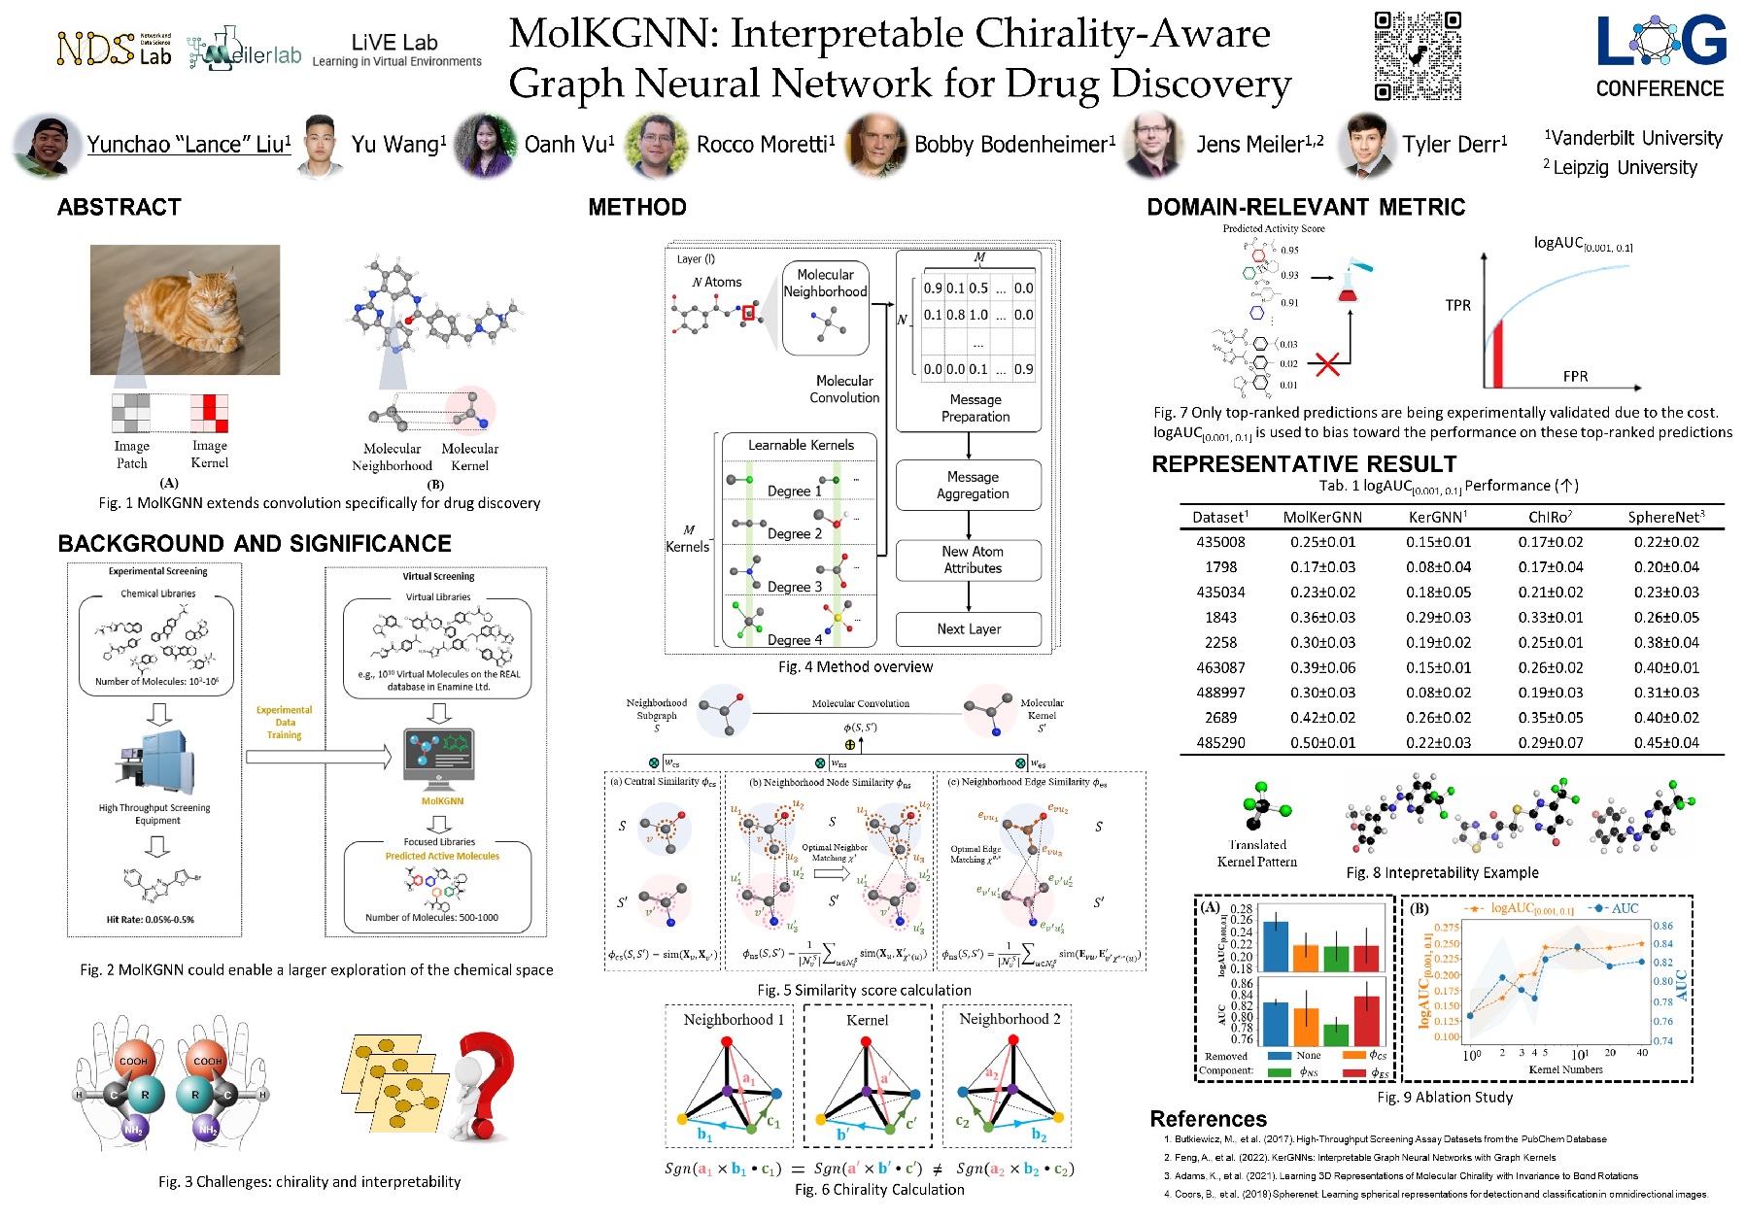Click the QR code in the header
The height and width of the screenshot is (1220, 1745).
(x=1417, y=55)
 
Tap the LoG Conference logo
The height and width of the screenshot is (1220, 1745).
(x=1659, y=57)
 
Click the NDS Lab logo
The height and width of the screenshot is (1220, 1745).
(x=114, y=49)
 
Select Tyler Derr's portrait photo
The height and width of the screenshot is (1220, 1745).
(x=1365, y=145)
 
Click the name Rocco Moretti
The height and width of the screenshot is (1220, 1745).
(x=765, y=145)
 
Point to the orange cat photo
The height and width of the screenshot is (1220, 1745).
(x=185, y=309)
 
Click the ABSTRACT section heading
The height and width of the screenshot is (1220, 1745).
(x=119, y=207)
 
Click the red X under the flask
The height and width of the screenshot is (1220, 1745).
(x=1326, y=364)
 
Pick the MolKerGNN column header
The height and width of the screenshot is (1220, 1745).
(x=1321, y=518)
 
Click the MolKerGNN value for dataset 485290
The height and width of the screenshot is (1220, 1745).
(x=1321, y=743)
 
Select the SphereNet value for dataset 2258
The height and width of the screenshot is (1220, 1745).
(x=1665, y=643)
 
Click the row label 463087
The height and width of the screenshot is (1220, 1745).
(x=1220, y=668)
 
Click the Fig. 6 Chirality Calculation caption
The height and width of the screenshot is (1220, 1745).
(x=878, y=1190)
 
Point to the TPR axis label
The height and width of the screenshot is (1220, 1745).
(x=1457, y=305)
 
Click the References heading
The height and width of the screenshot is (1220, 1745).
(x=1208, y=1119)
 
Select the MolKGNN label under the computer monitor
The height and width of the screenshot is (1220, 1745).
(x=442, y=801)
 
